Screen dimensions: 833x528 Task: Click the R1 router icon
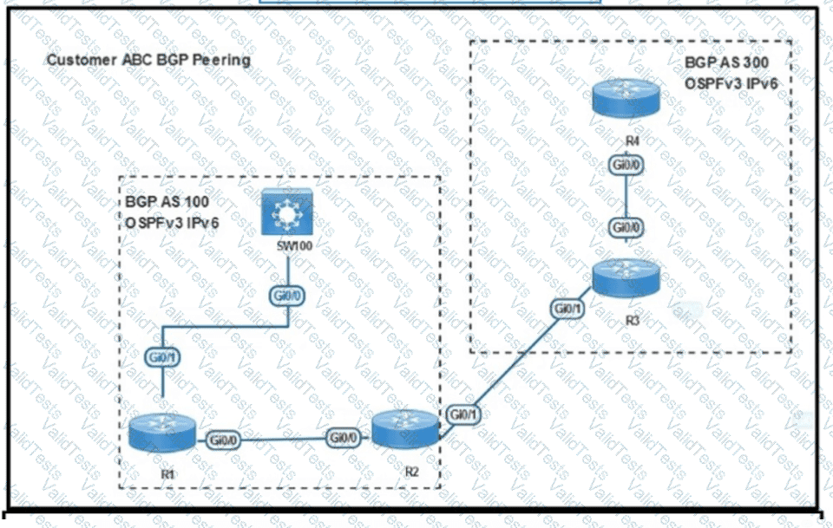click(x=162, y=433)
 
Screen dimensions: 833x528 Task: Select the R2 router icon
click(x=405, y=429)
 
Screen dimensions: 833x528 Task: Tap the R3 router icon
click(x=626, y=278)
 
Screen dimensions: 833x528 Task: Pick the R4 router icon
click(x=626, y=97)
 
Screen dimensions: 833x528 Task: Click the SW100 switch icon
click(x=287, y=212)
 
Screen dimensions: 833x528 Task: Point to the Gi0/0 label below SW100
click(x=287, y=296)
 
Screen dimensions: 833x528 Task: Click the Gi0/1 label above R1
click(x=162, y=357)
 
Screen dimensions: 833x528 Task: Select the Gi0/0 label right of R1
click(x=223, y=440)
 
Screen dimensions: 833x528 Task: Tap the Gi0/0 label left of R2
click(x=343, y=438)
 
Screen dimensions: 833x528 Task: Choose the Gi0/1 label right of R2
click(x=463, y=414)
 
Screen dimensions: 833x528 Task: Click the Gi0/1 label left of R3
click(x=567, y=309)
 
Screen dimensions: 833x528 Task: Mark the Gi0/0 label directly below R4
click(x=626, y=165)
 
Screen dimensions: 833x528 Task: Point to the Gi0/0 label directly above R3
click(x=626, y=228)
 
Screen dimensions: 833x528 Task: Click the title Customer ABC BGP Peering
click(x=148, y=60)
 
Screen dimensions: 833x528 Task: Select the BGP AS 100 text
click(x=167, y=202)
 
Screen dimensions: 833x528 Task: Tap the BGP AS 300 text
click(x=726, y=62)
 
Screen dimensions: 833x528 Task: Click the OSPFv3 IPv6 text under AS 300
click(x=731, y=83)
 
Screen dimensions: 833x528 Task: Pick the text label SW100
click(x=295, y=245)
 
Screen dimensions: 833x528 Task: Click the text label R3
click(x=633, y=321)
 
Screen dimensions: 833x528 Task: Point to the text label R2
click(x=411, y=472)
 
